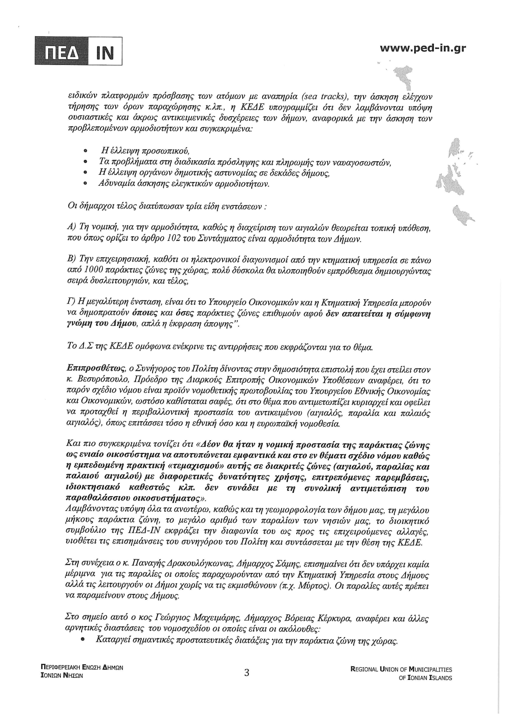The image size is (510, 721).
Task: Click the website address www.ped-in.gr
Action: [x=423, y=48]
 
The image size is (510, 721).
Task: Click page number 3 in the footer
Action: [x=246, y=673]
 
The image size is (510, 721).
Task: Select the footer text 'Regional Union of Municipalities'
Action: [x=401, y=669]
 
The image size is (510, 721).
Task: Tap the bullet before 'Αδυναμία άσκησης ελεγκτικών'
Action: [x=85, y=184]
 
